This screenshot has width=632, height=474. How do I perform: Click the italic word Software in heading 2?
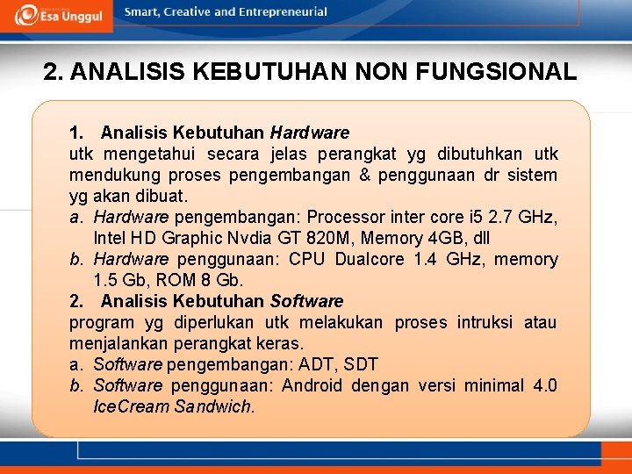tap(306, 302)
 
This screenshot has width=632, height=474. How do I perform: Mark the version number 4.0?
tap(544, 386)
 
